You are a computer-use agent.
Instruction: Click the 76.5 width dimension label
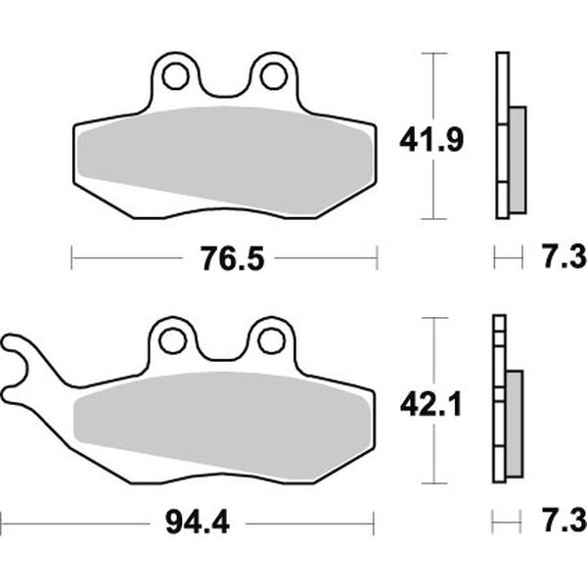233,258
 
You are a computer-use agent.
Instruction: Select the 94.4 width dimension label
198,523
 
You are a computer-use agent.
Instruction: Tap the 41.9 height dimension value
431,140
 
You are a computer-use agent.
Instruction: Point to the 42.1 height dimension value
430,406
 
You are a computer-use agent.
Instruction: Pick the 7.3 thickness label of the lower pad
564,521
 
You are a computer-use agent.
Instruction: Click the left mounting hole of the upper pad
175,76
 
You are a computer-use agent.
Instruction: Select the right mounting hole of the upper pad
274,76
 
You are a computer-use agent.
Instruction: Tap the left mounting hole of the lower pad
172,340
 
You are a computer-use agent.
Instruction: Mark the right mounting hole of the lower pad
272,340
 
